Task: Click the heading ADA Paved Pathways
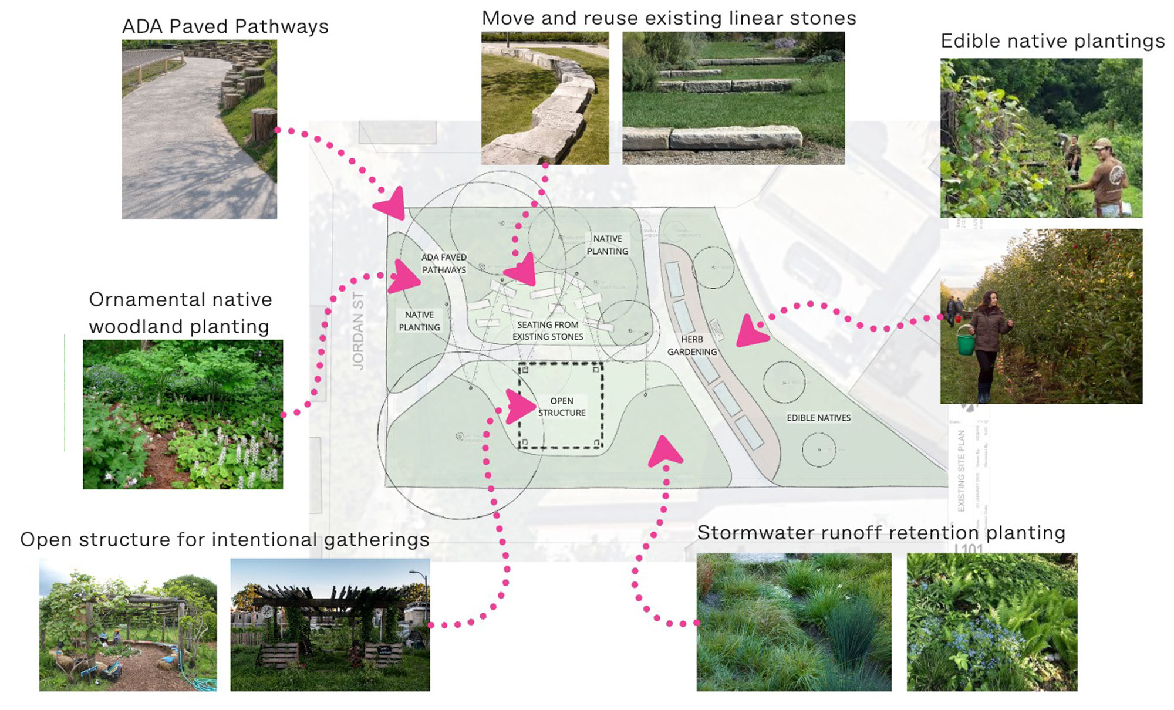coord(225,27)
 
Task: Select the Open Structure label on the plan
coord(562,407)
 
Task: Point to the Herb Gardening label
coord(692,346)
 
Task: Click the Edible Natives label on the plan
coord(818,418)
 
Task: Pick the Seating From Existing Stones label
coord(548,330)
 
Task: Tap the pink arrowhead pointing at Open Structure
coord(520,406)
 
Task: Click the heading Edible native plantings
coord(1052,41)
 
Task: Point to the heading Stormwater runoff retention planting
coord(880,533)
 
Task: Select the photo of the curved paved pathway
coord(199,129)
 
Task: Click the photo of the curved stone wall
coord(545,98)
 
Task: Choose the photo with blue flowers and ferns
coord(991,622)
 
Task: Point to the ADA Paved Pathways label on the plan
coord(444,263)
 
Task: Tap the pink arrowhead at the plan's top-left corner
coord(390,205)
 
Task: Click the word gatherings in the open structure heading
coord(376,540)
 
